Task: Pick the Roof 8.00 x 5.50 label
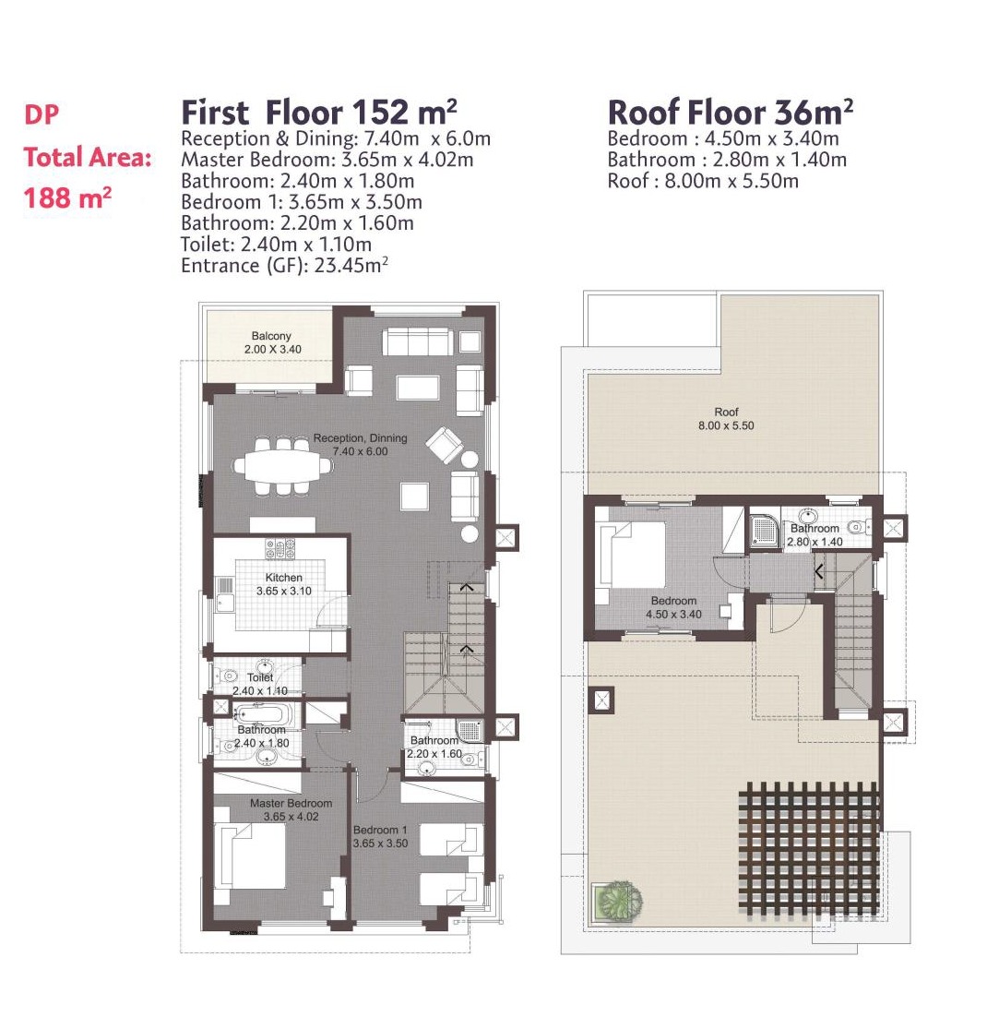(x=726, y=419)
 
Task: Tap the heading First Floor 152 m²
(x=319, y=112)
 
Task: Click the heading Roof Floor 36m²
(x=730, y=112)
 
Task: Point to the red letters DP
(x=42, y=115)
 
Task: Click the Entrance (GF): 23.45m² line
(x=284, y=265)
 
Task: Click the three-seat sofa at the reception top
(x=419, y=341)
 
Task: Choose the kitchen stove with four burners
(x=280, y=549)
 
